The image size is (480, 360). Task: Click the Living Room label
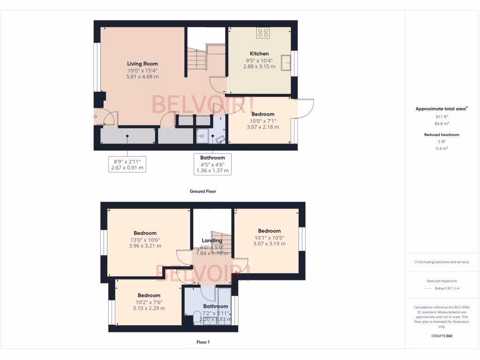(142, 64)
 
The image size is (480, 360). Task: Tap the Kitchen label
(259, 54)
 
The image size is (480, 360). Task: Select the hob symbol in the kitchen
(263, 33)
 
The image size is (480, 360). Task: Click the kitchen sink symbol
(285, 62)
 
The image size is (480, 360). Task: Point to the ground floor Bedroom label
(262, 114)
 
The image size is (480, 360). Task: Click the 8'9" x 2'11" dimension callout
(127, 164)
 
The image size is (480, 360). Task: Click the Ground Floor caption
(202, 191)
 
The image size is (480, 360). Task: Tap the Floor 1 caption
(202, 342)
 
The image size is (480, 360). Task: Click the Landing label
(212, 241)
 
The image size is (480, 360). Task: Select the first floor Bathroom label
(215, 307)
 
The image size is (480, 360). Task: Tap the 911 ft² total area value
(442, 117)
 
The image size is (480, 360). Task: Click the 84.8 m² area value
(442, 124)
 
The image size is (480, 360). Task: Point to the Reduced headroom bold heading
(442, 135)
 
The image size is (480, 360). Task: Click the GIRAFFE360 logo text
(442, 336)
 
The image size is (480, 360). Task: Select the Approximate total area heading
(441, 109)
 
